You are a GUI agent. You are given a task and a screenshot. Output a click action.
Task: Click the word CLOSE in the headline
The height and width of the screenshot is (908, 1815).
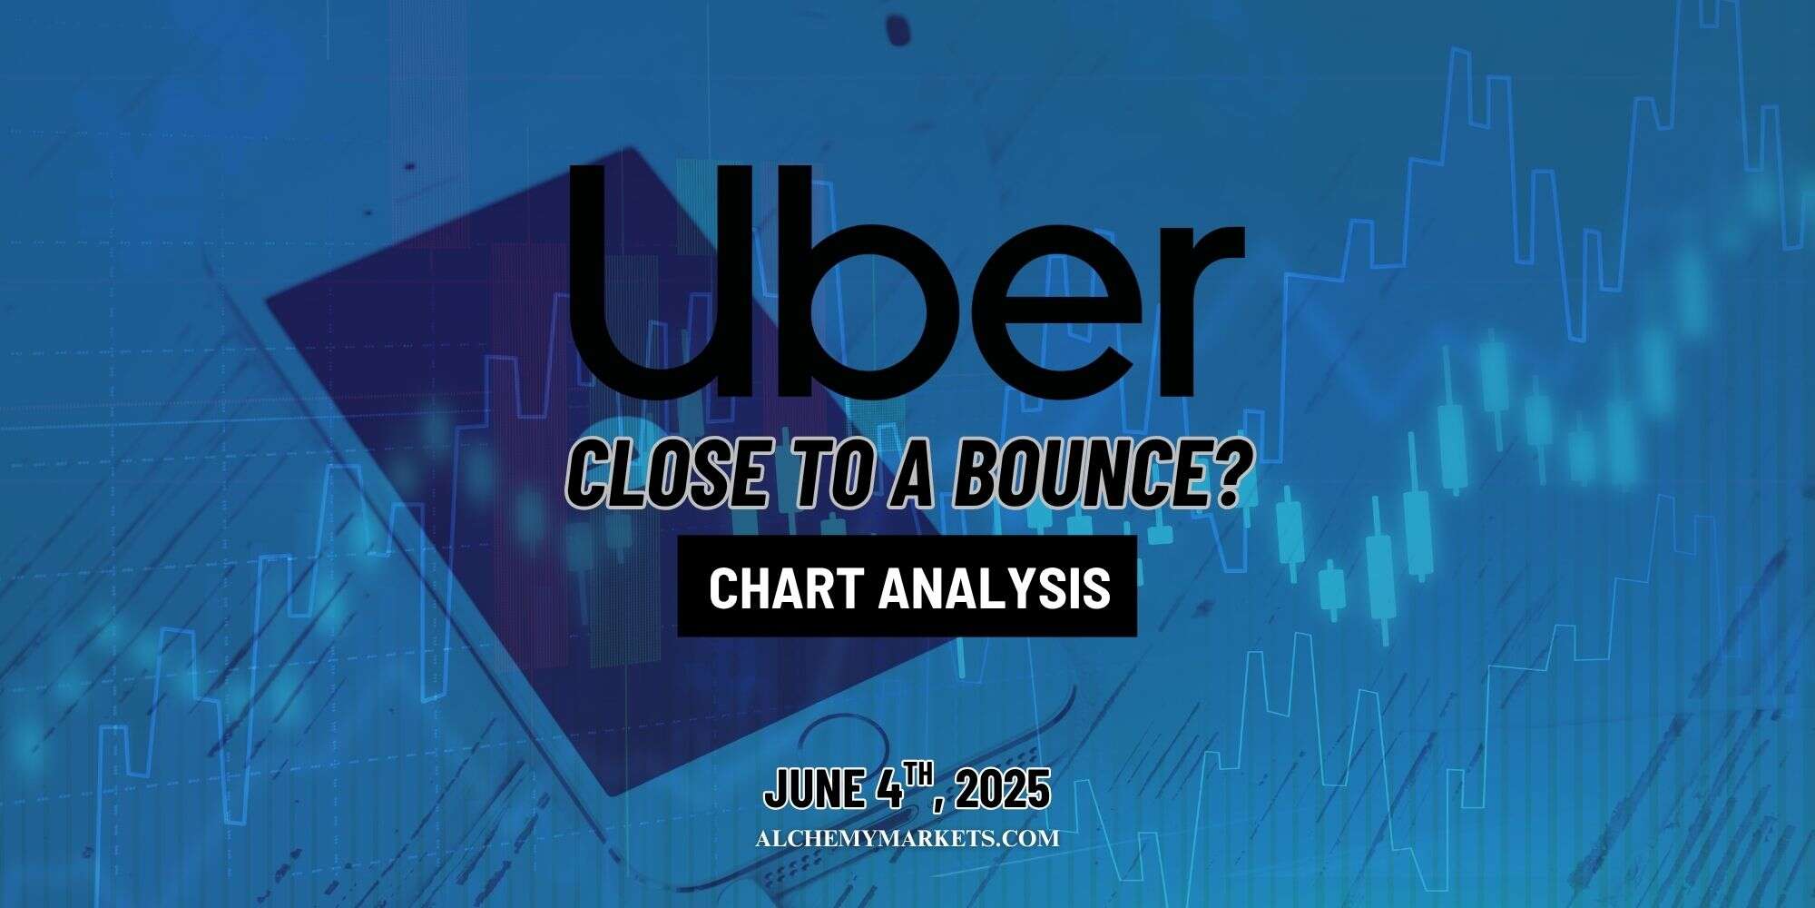coord(667,476)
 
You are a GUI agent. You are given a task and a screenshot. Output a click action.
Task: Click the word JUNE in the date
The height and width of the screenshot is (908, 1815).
coord(814,789)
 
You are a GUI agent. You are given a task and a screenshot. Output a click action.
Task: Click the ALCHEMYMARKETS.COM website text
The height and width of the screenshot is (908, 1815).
coord(907,838)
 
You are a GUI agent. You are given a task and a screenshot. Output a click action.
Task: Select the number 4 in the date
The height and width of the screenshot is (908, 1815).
coord(889,789)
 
